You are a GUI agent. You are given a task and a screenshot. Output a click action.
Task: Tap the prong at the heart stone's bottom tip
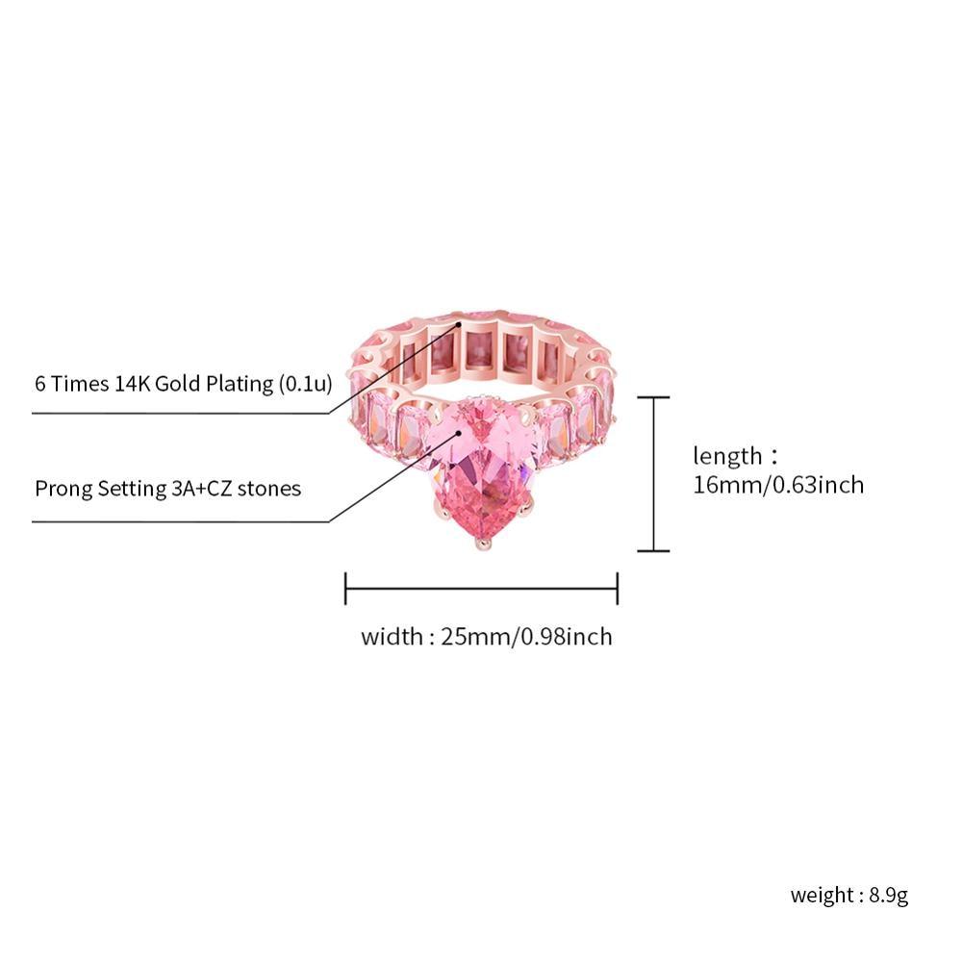click(483, 543)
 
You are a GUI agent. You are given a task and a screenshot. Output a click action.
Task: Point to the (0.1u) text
click(306, 384)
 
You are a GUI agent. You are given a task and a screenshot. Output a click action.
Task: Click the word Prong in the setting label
click(63, 489)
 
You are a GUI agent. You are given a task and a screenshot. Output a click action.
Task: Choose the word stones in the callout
click(268, 489)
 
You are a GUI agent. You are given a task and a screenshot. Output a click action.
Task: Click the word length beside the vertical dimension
click(727, 456)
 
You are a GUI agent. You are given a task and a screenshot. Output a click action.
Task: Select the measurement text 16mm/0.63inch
click(778, 485)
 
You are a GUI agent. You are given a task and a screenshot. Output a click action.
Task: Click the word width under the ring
click(392, 637)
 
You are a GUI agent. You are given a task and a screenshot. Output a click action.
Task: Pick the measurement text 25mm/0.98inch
click(526, 637)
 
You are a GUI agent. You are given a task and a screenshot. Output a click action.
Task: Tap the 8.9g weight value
click(888, 895)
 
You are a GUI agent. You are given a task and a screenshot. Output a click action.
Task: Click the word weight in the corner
click(822, 895)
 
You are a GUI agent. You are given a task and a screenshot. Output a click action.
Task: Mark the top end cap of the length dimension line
click(653, 397)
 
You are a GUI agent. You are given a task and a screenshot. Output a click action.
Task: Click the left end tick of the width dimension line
click(345, 589)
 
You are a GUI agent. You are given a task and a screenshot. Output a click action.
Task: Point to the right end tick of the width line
click(618, 589)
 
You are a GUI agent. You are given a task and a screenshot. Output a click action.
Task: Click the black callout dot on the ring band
click(458, 323)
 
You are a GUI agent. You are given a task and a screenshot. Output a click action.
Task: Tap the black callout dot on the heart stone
click(458, 433)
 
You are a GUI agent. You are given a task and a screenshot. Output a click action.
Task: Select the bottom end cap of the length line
click(653, 550)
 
